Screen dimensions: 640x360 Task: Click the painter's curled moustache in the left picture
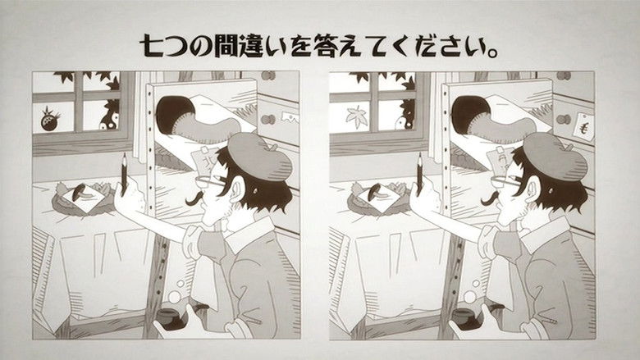tap(194, 198)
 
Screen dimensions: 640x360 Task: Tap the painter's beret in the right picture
tap(555, 157)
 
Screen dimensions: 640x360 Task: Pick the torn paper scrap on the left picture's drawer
tap(288, 117)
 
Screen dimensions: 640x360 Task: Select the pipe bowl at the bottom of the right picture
tap(463, 318)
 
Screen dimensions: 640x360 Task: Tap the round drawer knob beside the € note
tap(564, 119)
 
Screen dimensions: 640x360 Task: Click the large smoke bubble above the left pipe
tap(175, 296)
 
